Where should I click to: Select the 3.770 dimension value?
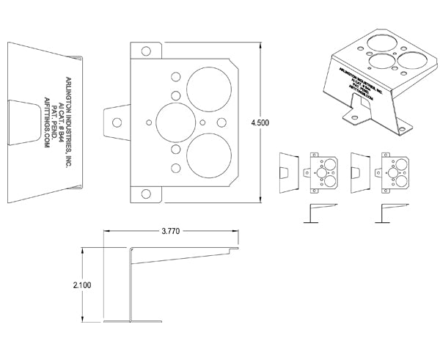pos(171,231)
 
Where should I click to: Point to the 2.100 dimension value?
pos(82,286)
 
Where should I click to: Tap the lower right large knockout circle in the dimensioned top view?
pos(209,155)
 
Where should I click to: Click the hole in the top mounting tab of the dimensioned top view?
pos(147,51)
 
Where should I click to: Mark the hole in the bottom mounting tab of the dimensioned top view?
pos(147,194)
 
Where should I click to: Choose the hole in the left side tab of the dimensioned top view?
pos(115,122)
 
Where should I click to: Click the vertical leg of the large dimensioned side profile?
pos(131,286)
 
